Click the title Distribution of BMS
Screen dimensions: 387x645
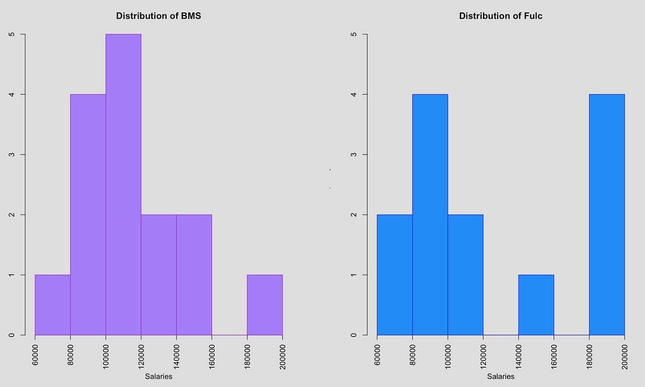[159, 16]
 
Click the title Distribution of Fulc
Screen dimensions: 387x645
[500, 16]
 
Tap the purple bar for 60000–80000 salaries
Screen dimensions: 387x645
[53, 305]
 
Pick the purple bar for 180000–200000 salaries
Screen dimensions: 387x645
[264, 305]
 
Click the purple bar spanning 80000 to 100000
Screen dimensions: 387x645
[88, 215]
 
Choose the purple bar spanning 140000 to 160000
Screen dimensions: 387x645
[194, 275]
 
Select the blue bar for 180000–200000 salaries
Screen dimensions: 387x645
[607, 215]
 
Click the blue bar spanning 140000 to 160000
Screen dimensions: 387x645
[536, 305]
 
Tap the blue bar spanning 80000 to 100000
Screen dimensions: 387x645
[430, 215]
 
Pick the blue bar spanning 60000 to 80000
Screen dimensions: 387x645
[395, 275]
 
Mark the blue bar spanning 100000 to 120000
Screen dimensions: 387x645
[465, 275]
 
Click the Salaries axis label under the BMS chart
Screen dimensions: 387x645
[159, 377]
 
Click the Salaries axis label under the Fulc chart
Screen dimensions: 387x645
[500, 377]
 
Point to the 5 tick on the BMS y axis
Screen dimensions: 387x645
[12, 34]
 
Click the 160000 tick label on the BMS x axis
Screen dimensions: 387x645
[212, 355]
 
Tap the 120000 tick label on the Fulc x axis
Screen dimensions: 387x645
[483, 355]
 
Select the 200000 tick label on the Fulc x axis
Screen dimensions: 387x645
[625, 355]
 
